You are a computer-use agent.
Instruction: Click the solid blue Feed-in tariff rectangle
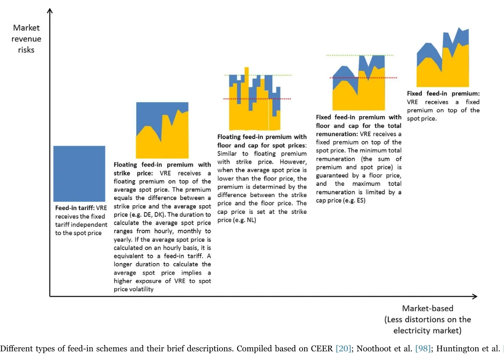[x=79, y=173]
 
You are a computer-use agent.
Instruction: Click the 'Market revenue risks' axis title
[x=26, y=39]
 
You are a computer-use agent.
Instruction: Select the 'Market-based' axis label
[x=428, y=308]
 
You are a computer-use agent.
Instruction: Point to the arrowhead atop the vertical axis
[x=50, y=11]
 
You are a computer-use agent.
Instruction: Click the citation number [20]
[x=343, y=349]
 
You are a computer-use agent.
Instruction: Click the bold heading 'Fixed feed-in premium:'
[x=443, y=93]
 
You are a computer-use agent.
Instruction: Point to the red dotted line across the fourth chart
[x=363, y=78]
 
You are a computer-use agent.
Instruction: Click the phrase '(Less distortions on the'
[x=428, y=319]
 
